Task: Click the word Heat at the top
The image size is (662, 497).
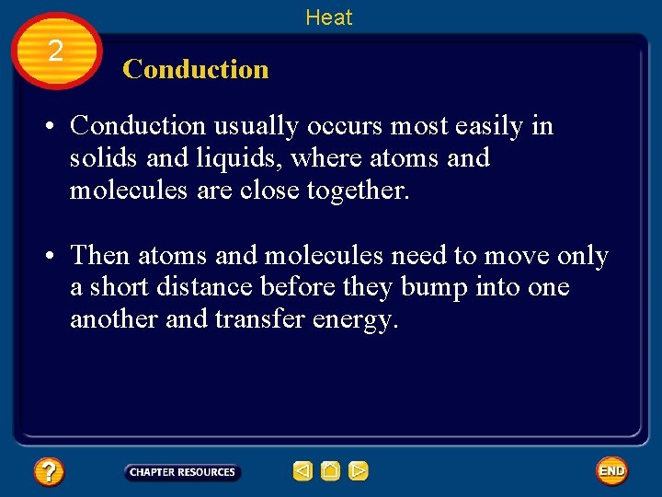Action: coord(328,17)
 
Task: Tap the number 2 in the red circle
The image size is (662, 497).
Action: coord(55,52)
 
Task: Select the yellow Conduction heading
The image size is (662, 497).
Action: coord(195,69)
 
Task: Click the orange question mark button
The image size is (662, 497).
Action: coord(48,472)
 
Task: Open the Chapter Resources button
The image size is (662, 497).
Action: coord(182,472)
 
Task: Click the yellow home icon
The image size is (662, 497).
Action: coord(331,472)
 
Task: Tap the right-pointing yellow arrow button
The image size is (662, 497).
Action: coord(359,472)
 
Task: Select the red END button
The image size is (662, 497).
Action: coord(611,471)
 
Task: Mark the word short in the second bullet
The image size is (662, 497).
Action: coord(122,287)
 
